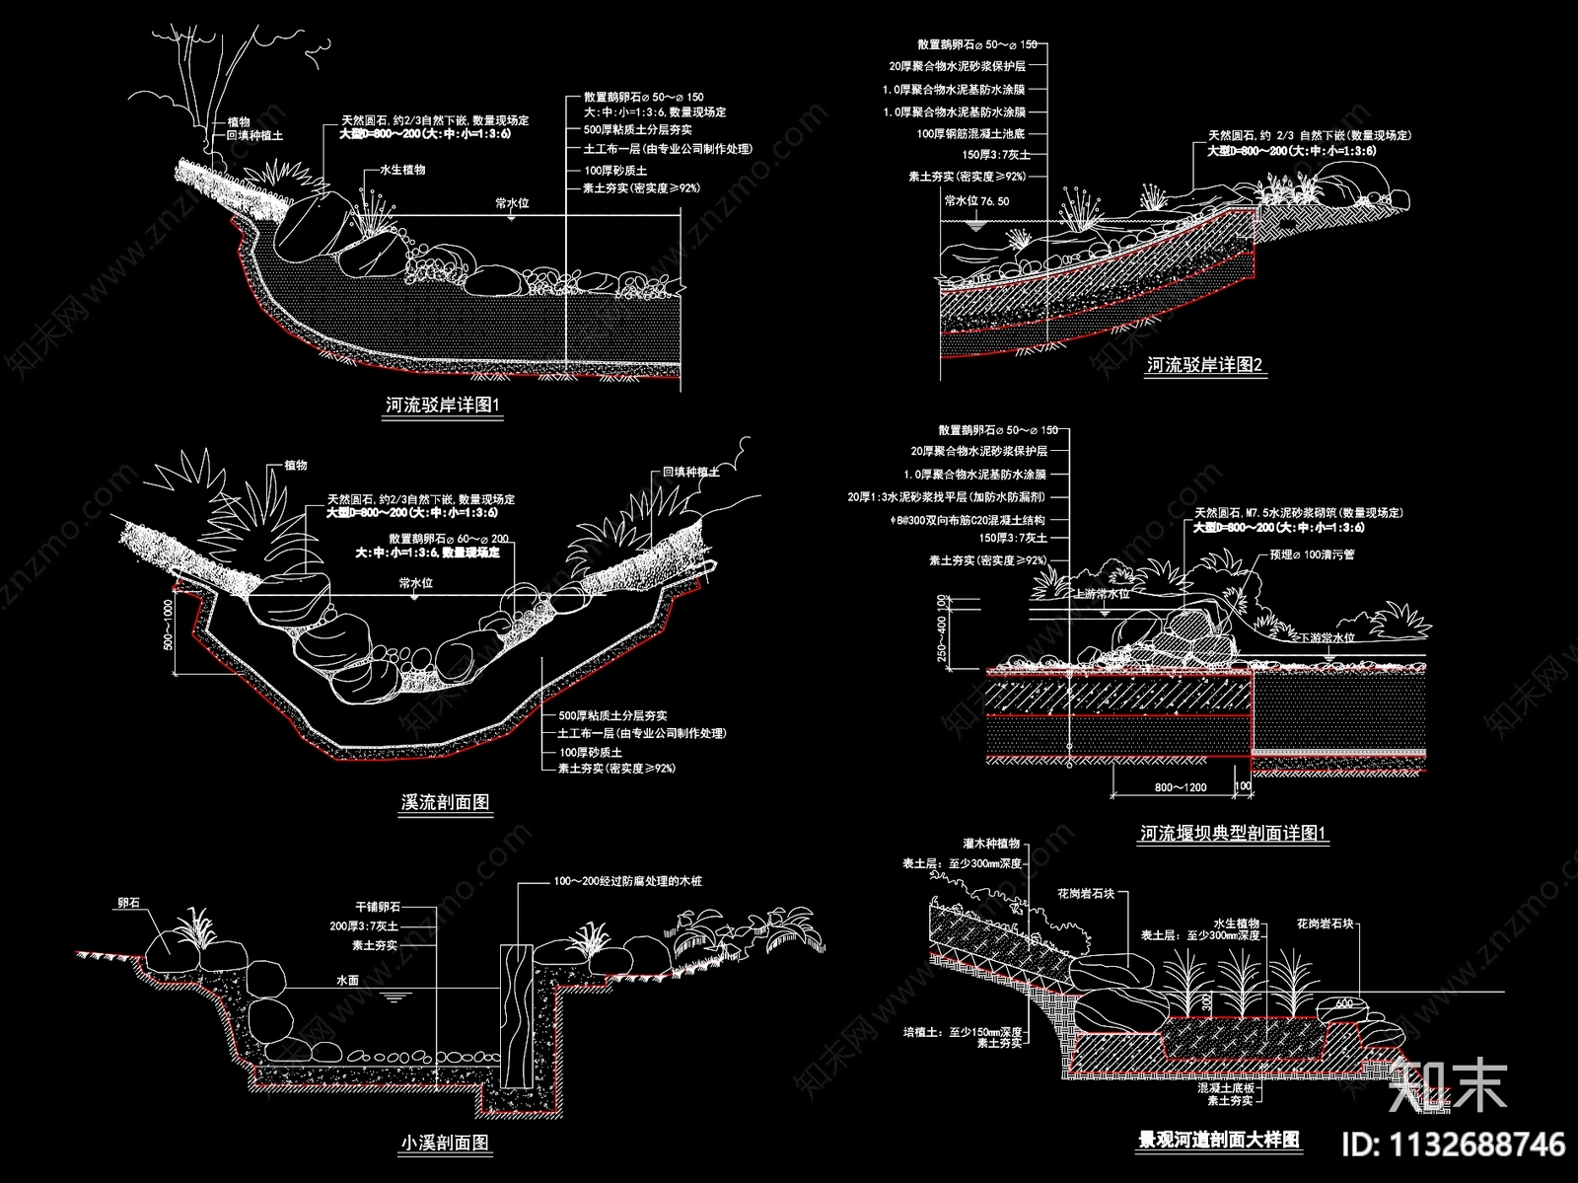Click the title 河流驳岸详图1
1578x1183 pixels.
pyautogui.click(x=443, y=405)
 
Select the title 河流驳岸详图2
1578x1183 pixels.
pyautogui.click(x=1204, y=365)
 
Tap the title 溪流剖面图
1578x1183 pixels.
pyautogui.click(x=445, y=802)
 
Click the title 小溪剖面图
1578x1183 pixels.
pyautogui.click(x=445, y=1144)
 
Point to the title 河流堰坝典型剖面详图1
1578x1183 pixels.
pyautogui.click(x=1234, y=834)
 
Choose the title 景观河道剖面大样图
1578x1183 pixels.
pyautogui.click(x=1219, y=1141)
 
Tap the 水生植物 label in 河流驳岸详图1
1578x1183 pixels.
pyautogui.click(x=402, y=170)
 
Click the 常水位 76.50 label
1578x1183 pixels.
pyautogui.click(x=976, y=201)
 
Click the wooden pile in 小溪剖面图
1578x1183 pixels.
pyautogui.click(x=516, y=1011)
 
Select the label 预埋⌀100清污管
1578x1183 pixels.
pyautogui.click(x=1312, y=555)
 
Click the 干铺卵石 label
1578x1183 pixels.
pyautogui.click(x=378, y=906)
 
